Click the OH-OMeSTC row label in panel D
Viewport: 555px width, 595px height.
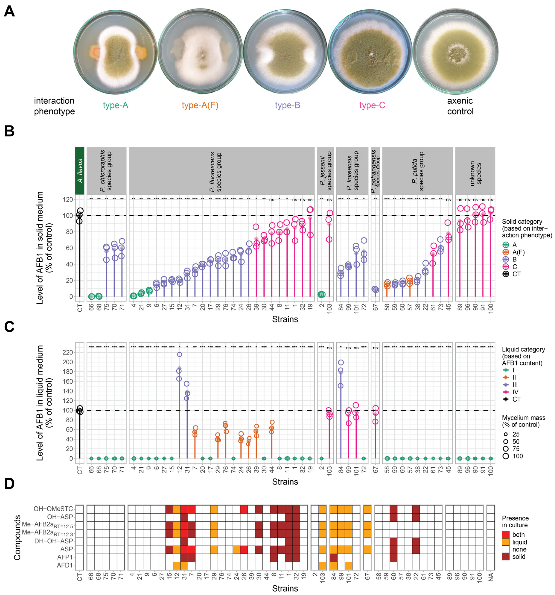point(53,509)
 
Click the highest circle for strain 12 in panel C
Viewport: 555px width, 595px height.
point(179,354)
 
